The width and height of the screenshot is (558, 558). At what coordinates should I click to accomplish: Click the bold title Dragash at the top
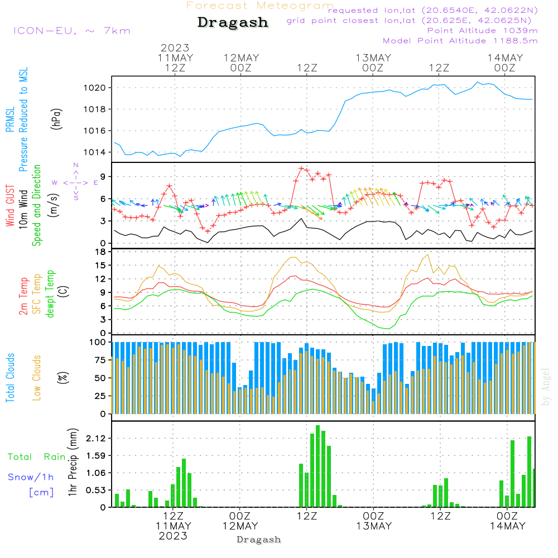(233, 23)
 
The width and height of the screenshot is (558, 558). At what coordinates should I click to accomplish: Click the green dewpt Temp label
(51, 294)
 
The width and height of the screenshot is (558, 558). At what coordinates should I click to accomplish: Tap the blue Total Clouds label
(10, 378)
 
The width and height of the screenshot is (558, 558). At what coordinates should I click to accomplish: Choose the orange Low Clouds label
(37, 378)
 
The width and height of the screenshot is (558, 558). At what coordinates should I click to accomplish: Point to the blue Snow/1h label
(31, 477)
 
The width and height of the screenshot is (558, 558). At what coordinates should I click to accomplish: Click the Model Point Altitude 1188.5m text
(460, 41)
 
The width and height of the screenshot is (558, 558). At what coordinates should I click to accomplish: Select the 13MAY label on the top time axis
(373, 58)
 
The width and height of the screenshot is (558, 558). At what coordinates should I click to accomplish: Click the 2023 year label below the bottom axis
(173, 536)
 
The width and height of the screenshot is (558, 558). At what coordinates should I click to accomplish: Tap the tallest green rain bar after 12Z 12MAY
(318, 466)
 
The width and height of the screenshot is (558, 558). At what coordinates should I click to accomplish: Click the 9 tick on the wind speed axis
(104, 176)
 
